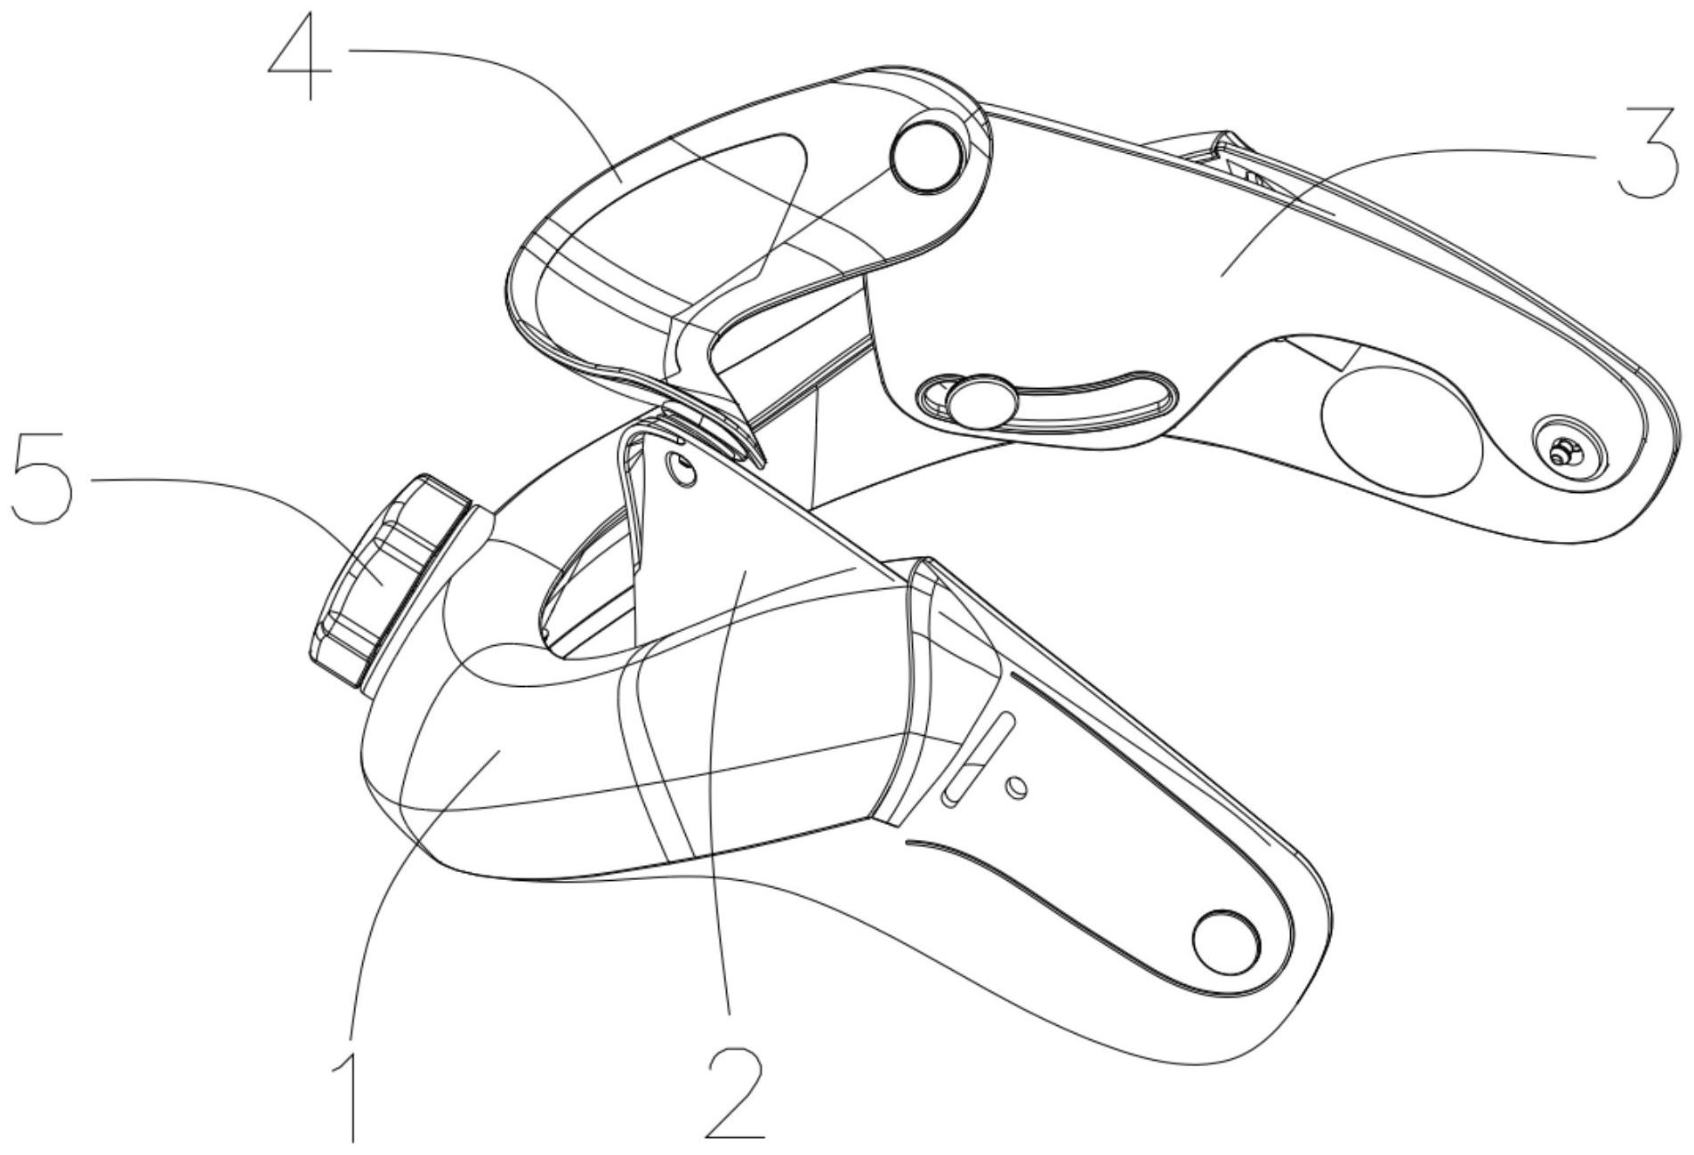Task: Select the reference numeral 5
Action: pyautogui.click(x=40, y=480)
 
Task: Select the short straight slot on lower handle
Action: pyautogui.click(x=977, y=760)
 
